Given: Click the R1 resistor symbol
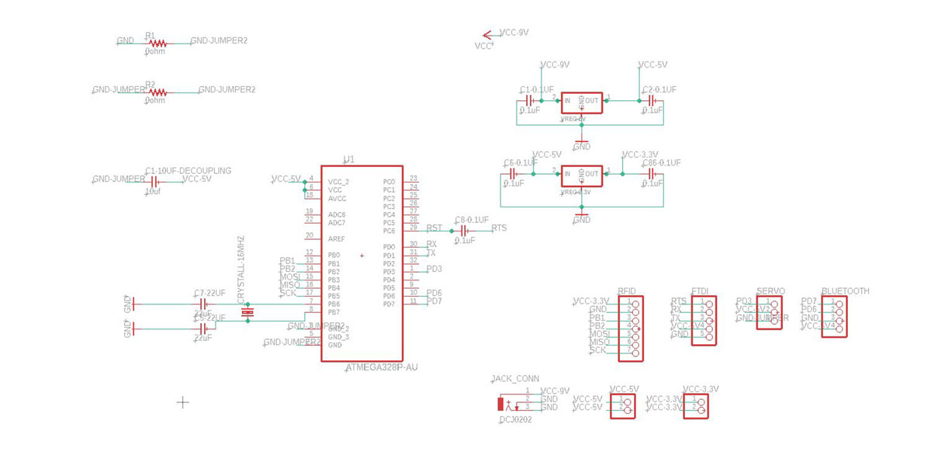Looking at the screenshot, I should point(157,43).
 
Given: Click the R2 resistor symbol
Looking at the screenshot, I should point(157,92).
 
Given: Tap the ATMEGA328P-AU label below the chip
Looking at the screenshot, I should point(381,367).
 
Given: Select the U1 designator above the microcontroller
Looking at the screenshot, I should point(349,159).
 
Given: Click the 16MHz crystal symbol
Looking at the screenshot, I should point(247,312).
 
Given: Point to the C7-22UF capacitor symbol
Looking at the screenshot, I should point(203,303).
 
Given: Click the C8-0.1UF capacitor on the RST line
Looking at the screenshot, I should point(465,231).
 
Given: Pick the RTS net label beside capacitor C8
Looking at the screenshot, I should point(499,228).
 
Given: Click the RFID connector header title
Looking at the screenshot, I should point(627,291).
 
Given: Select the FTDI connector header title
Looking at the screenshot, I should point(701,291).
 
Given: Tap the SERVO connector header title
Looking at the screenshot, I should point(770,291).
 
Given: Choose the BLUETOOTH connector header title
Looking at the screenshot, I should point(845,291).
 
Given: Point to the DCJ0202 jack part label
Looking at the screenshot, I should point(515,419).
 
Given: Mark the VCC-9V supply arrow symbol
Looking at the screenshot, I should point(488,35).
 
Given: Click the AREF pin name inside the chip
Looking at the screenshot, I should point(337,238).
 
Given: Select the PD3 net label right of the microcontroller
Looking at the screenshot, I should point(434,269).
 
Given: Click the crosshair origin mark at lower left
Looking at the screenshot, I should point(183,402).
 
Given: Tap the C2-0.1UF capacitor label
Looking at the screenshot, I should point(659,90).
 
